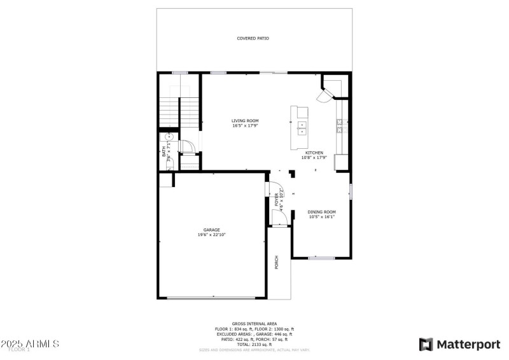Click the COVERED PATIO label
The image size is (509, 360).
tap(253, 38)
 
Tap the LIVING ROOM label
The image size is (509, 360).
tap(245, 121)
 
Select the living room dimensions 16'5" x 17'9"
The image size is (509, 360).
tap(245, 126)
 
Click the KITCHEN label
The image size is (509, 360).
tap(314, 153)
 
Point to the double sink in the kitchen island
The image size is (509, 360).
tap(302, 128)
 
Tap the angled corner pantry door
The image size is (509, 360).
tap(325, 95)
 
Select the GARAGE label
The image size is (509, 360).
tap(212, 230)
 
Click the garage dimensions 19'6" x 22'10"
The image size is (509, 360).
tap(212, 235)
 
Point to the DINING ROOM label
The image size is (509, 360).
tap(321, 212)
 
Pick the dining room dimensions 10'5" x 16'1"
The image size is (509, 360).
tap(321, 217)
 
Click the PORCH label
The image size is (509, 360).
tap(277, 262)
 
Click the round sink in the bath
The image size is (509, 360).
tap(170, 136)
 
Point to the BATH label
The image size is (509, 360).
tap(164, 152)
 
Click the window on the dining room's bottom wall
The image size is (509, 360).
tap(321, 258)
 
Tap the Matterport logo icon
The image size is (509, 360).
tap(425, 344)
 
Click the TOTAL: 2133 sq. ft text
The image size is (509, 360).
tap(254, 344)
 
